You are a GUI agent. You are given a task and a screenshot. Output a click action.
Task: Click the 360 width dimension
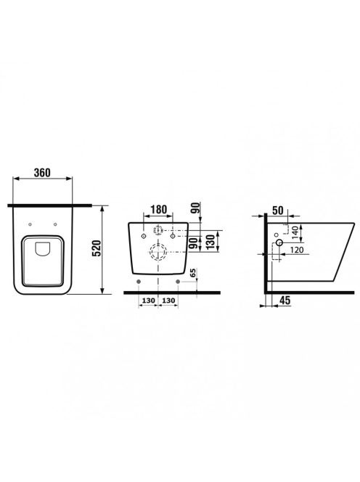click(x=42, y=173)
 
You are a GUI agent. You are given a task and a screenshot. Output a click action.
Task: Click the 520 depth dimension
click(x=97, y=248)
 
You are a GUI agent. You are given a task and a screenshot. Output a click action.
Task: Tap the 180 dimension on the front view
click(x=159, y=209)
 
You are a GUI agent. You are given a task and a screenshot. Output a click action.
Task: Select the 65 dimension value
click(x=193, y=273)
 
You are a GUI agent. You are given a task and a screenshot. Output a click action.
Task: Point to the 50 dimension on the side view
click(x=277, y=211)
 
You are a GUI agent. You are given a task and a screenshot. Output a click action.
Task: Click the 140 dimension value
click(x=295, y=233)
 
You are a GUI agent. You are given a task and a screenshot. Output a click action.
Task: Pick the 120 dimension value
click(x=297, y=250)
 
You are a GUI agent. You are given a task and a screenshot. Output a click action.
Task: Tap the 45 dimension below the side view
click(x=285, y=301)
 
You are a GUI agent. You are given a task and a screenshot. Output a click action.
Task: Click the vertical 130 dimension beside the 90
click(x=210, y=242)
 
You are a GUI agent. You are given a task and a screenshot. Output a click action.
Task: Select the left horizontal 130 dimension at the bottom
click(x=148, y=301)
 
